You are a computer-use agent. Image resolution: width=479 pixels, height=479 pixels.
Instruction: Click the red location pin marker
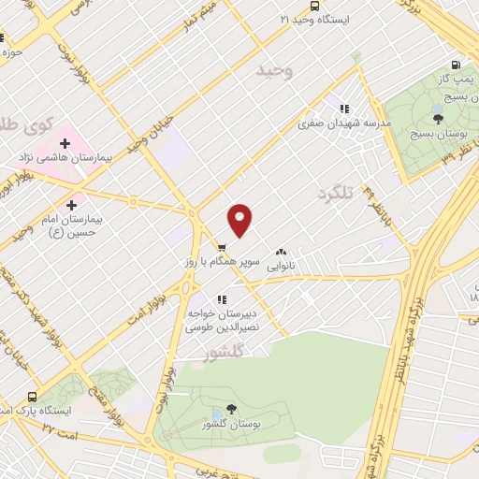point(240,220)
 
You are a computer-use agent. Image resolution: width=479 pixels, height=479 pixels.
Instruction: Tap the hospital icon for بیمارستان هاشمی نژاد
point(65,143)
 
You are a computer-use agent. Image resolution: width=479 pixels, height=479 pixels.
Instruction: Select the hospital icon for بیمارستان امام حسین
point(71,204)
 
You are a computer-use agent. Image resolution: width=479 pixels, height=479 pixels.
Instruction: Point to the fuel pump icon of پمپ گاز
point(455,65)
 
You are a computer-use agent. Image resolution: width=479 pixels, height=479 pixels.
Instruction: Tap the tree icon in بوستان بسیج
point(437,118)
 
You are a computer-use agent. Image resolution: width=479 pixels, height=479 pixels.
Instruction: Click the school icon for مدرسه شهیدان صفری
point(344,109)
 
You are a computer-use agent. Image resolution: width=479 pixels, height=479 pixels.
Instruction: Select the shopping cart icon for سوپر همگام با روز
point(221,248)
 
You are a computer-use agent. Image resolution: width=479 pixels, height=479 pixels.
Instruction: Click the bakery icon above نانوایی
point(281,252)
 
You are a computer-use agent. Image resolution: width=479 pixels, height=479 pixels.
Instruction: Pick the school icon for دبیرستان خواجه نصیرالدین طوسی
point(221,299)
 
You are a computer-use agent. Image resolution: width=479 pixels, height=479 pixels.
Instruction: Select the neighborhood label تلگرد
point(339,193)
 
